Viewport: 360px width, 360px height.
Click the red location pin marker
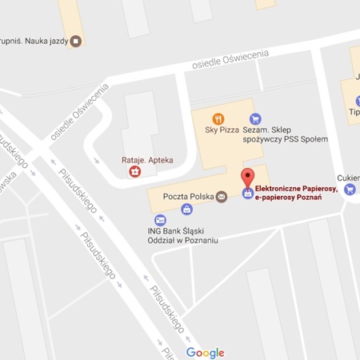click(248, 178)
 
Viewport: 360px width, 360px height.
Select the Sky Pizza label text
click(218, 130)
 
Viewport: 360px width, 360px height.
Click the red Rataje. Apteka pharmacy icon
click(136, 170)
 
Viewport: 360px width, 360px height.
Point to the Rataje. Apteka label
click(137, 158)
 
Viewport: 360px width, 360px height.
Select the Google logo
click(206, 352)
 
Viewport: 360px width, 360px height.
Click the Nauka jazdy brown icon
click(76, 39)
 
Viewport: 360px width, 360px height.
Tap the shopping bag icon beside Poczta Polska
click(186, 210)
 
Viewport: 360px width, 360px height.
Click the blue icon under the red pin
click(248, 193)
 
